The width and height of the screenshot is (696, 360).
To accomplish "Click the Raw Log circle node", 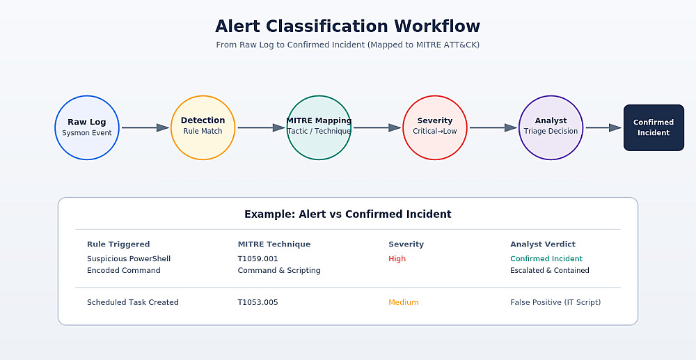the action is pos(87,128).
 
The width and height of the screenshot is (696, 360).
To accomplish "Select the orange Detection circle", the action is pos(203,128).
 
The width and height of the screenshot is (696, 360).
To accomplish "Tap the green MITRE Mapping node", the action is pos(319,128).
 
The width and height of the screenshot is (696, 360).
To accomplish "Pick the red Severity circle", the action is pos(435,128).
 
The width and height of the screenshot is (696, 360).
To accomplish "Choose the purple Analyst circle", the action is pos(551,128).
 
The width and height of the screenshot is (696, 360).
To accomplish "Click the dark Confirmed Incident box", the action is pos(654,128).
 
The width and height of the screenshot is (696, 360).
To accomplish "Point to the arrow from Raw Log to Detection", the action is pos(145,128).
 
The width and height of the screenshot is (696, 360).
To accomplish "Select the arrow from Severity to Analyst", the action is pos(493,128).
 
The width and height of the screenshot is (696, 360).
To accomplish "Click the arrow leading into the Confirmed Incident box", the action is pos(603,128).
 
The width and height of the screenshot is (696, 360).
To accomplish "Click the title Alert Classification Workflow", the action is pos(347,26).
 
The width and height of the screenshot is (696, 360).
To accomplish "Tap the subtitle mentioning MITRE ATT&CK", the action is pos(347,45).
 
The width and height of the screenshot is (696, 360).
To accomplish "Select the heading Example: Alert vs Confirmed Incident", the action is pos(347,214).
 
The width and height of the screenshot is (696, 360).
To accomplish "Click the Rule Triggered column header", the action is pos(118,244).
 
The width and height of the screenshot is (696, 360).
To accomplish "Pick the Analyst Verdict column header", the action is pos(543,244).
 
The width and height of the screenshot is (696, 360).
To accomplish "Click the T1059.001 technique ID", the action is pos(258,259).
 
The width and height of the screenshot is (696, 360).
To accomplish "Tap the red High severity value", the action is pos(397,259).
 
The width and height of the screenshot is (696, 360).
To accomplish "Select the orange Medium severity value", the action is pos(404,302).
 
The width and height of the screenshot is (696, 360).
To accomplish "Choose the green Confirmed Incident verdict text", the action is pos(546,259).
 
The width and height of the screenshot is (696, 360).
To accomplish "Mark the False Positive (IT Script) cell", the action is pos(555,302).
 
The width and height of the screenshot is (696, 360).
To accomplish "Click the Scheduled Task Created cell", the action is pos(133,302).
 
